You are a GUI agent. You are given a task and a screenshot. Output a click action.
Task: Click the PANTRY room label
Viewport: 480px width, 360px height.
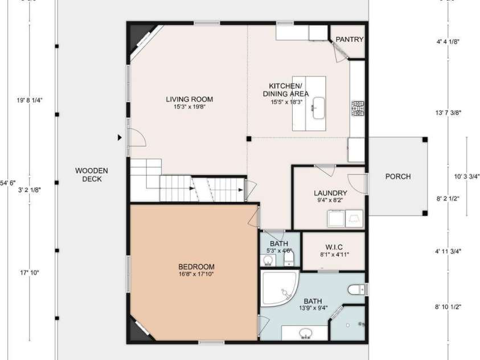pos(349,39)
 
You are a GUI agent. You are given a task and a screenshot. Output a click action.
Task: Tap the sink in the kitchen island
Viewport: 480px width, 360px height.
pos(318,107)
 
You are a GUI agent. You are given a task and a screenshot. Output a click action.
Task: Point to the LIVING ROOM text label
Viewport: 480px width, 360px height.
pos(189,99)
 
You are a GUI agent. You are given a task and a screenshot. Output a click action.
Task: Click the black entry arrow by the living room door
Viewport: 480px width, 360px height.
pos(120,137)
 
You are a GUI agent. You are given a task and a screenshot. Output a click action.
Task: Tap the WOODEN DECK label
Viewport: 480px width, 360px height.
pos(91,175)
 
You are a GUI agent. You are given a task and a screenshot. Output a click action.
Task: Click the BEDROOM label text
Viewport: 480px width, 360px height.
pos(196,267)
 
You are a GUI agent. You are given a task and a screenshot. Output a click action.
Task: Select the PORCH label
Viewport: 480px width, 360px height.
pos(397,177)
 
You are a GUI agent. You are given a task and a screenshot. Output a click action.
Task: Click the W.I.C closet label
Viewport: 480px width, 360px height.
pos(333,246)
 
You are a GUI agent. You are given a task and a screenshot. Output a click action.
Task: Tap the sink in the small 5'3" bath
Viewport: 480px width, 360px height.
pos(268,261)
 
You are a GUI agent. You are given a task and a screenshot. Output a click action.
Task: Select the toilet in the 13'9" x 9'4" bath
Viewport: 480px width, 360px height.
pos(356,289)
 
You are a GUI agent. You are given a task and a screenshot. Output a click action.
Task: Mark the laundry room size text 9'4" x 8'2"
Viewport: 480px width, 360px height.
pos(330,200)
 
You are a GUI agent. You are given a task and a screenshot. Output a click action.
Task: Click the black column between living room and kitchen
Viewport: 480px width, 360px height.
pos(248,138)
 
